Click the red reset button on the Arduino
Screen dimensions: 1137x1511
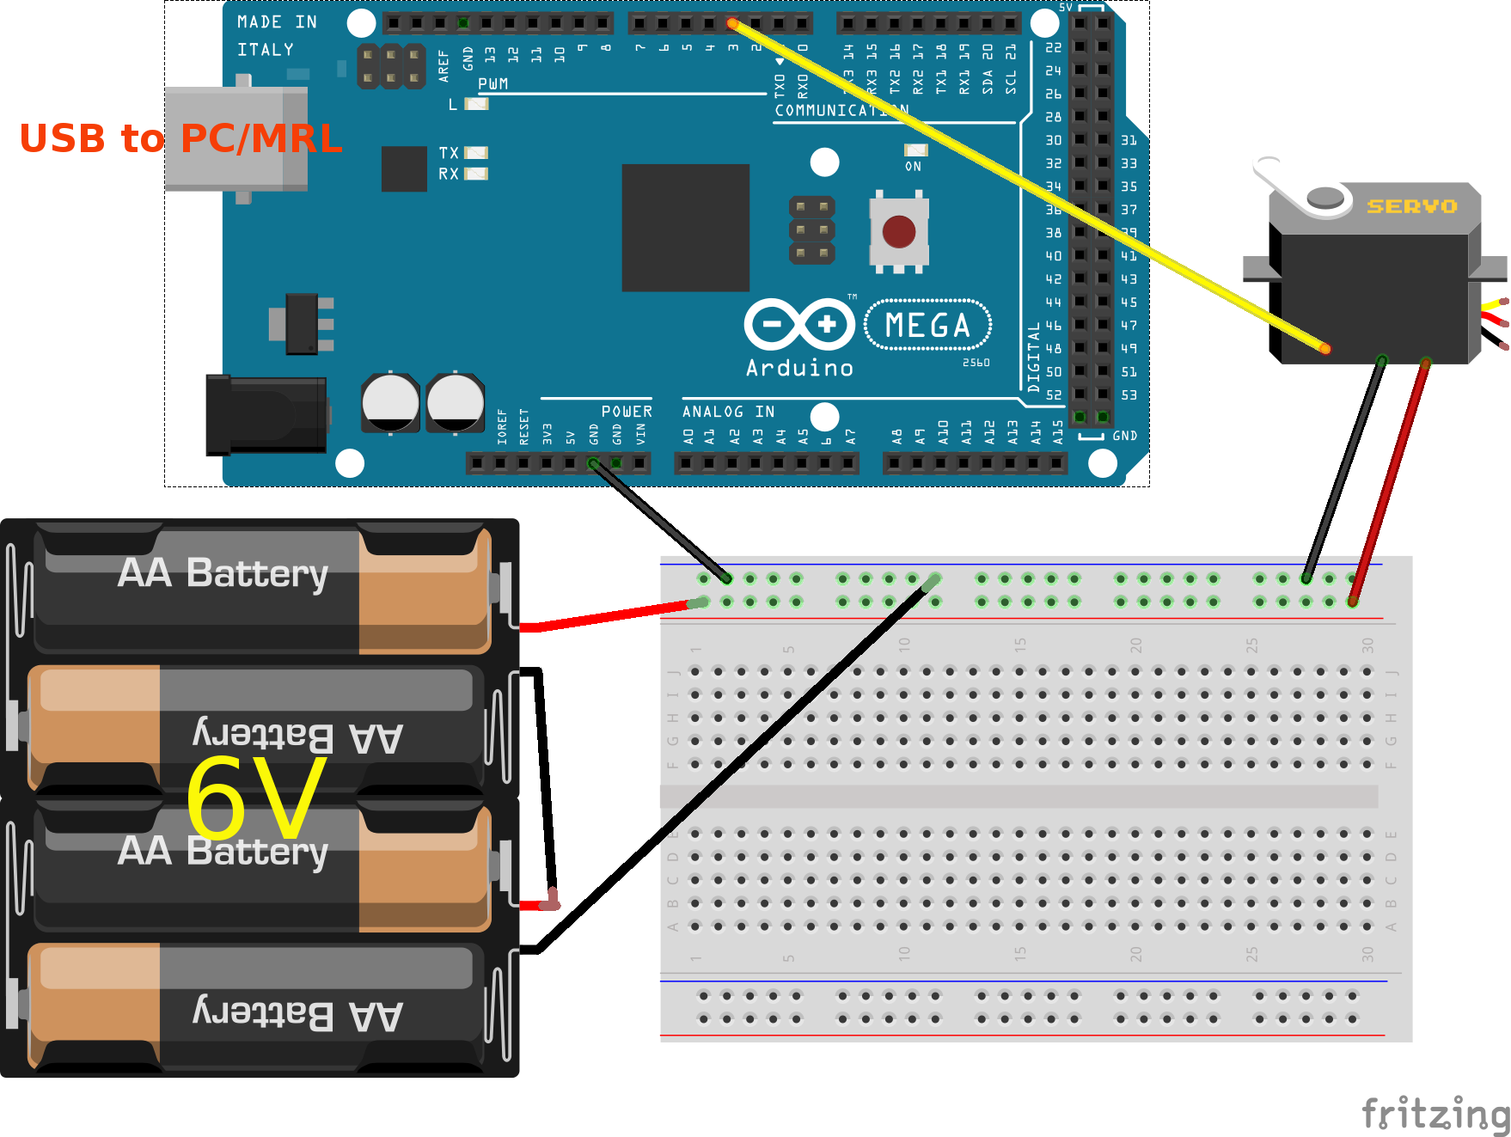[899, 231]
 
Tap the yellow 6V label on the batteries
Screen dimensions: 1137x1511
[256, 798]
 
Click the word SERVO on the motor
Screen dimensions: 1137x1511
[1412, 206]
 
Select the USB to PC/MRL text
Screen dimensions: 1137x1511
[180, 138]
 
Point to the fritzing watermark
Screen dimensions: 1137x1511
[1435, 1114]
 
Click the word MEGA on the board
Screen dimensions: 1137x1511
[927, 326]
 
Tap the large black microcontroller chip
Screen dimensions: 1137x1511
[685, 228]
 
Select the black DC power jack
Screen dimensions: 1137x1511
[265, 415]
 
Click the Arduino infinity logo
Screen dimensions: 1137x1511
[799, 324]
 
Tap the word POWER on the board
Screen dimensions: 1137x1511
[627, 412]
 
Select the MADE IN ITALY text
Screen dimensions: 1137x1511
[277, 35]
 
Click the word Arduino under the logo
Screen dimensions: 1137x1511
[799, 368]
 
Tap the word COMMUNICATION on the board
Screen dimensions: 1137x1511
[841, 110]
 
